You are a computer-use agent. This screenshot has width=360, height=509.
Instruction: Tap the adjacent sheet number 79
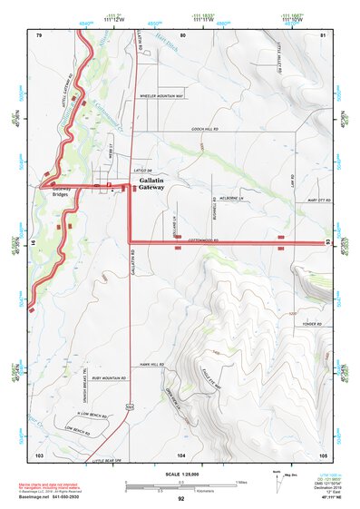39,34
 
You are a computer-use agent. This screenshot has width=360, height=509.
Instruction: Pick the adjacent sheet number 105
323,454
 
